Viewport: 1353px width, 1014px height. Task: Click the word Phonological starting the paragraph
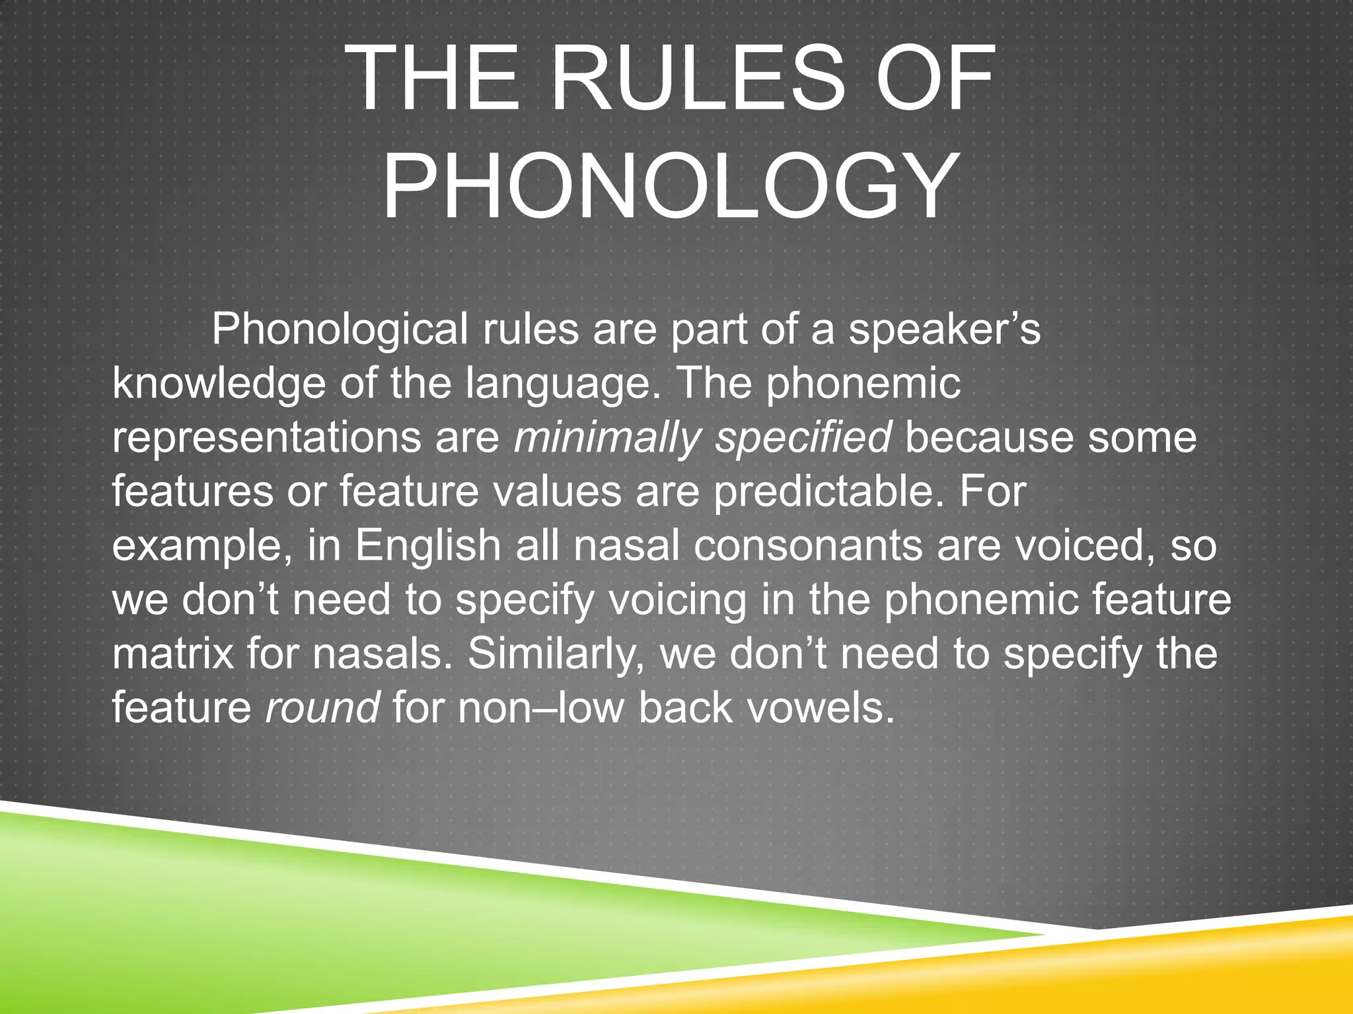340,329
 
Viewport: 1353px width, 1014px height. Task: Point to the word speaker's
944,331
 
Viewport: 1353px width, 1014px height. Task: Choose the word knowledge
219,384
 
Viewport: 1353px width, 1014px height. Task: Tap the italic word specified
803,438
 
